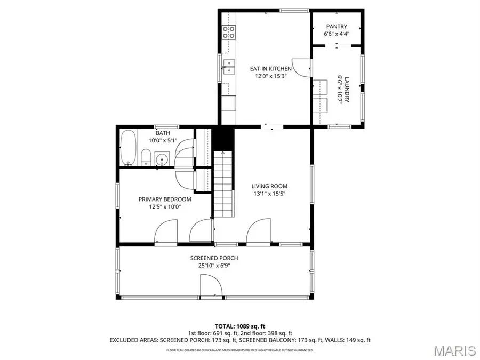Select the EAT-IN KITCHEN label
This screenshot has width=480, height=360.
[x=271, y=68]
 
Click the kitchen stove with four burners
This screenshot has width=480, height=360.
[x=229, y=32]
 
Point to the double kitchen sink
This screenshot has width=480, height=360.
[x=230, y=67]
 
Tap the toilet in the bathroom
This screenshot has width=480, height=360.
[x=145, y=157]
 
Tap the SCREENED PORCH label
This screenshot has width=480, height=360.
[x=214, y=258]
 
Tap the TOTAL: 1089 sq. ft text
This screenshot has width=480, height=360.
[x=239, y=325]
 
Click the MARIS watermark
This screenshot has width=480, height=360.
[x=454, y=350]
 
